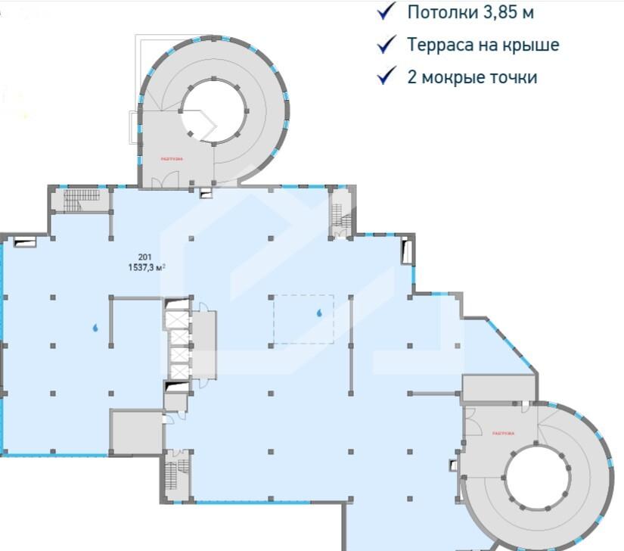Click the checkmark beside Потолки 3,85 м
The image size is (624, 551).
coord(387,12)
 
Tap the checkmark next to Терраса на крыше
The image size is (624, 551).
coord(387,45)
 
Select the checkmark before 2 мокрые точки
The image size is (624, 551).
coord(387,76)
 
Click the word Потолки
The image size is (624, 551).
coord(438,12)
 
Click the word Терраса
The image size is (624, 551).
coord(439,45)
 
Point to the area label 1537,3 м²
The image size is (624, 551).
coord(146,266)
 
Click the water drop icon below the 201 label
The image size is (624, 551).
coord(95,328)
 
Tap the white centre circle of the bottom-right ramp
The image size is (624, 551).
coord(537,476)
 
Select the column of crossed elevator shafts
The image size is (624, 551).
coord(178,344)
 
